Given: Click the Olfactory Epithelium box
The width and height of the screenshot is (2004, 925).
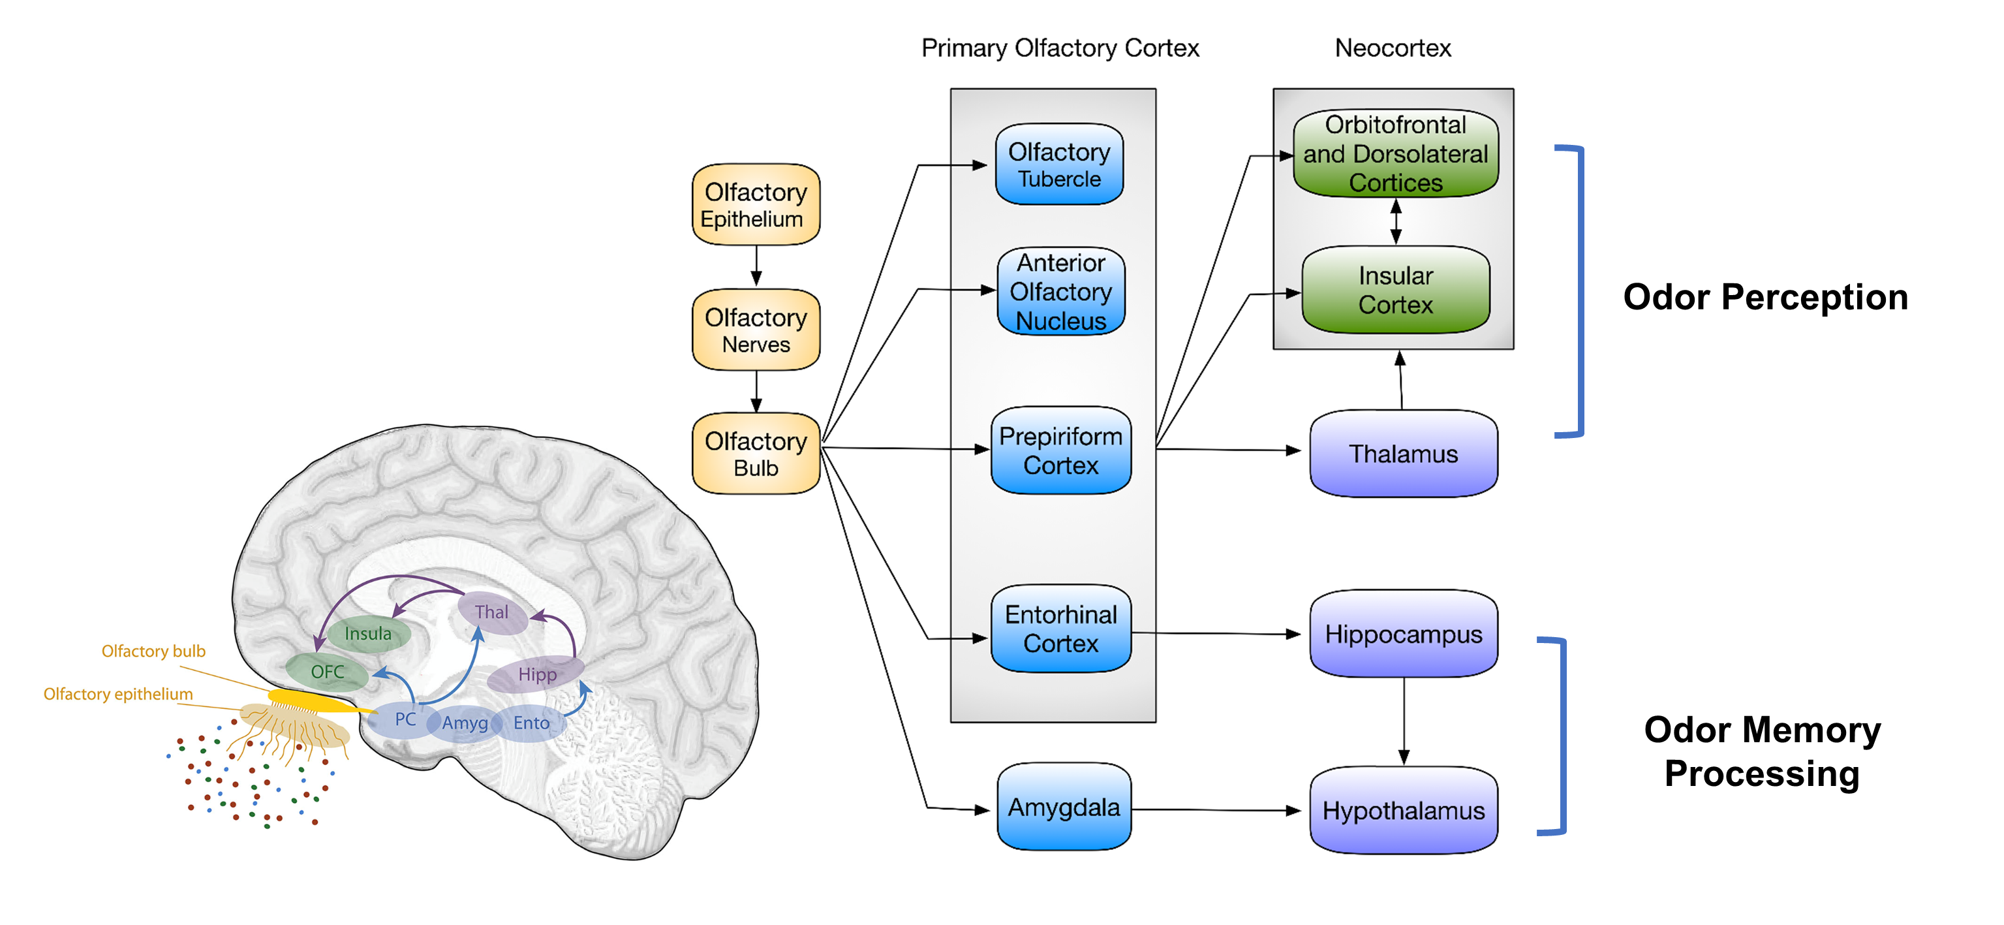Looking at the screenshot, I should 756,204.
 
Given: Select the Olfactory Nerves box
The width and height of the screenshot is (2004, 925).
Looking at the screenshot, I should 756,330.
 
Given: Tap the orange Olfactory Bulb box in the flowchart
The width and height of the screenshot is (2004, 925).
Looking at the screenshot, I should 756,454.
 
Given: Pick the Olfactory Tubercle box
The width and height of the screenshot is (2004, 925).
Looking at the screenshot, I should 1059,164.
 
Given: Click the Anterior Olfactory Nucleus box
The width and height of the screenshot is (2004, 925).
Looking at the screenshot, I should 1060,291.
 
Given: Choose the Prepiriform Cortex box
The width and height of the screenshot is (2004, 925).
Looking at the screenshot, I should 1060,450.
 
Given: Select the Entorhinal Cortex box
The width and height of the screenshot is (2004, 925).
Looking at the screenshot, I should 1060,629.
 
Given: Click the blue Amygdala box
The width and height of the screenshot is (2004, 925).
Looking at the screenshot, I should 1064,807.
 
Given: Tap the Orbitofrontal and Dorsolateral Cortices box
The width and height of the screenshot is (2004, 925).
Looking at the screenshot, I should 1395,153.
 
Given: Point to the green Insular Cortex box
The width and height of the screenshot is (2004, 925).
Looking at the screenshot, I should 1395,289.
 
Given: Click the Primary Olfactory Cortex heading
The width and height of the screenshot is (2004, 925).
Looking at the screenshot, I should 1060,48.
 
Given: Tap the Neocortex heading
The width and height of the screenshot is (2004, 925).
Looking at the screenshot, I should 1393,48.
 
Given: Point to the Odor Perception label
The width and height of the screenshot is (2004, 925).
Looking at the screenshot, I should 1765,297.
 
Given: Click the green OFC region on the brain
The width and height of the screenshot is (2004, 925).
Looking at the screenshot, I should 327,671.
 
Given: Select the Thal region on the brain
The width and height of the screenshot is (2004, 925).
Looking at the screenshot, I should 491,612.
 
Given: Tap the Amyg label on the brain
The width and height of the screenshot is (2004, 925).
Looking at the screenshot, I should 465,723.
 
